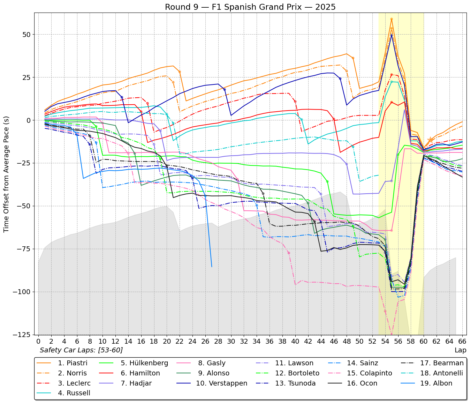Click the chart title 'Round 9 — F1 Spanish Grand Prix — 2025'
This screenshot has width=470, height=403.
coord(250,7)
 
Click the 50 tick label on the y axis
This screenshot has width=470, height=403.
coord(26,35)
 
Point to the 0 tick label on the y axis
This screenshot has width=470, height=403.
coord(29,120)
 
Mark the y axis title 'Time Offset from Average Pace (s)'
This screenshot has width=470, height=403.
coord(6,174)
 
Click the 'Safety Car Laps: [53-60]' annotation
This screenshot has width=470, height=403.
coord(81,350)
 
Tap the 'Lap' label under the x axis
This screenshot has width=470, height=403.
coord(460,350)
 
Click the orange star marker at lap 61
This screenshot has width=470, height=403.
coord(430,140)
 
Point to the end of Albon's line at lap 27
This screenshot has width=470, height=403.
coord(212,267)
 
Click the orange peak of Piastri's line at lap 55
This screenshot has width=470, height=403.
coord(392,19)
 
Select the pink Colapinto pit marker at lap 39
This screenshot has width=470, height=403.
coord(289,253)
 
